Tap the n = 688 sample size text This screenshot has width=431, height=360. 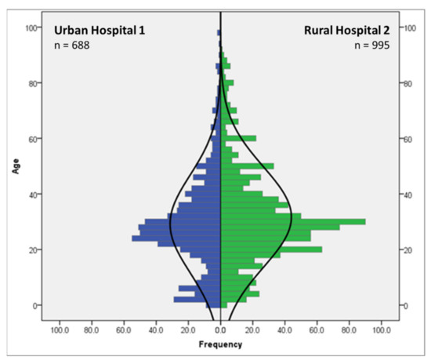pyautogui.click(x=71, y=46)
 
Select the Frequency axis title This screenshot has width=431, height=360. pyautogui.click(x=220, y=344)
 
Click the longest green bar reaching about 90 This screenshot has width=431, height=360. pyautogui.click(x=293, y=222)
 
